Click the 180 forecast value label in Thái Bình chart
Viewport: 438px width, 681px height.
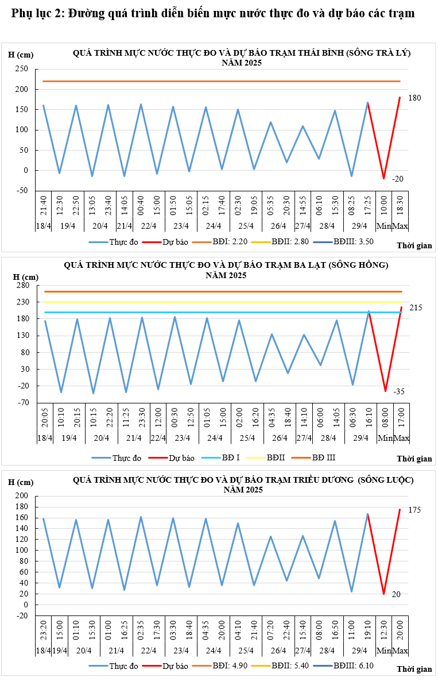pyautogui.click(x=414, y=98)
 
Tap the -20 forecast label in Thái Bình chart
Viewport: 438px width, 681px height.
pyautogui.click(x=398, y=179)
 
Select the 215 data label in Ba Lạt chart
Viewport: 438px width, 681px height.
pyautogui.click(x=416, y=308)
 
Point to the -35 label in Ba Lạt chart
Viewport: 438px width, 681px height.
pyautogui.click(x=399, y=391)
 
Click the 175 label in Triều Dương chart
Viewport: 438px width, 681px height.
pyautogui.click(x=414, y=510)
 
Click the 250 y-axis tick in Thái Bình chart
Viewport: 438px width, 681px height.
pyautogui.click(x=22, y=69)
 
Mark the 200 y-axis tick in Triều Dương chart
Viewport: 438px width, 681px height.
pyautogui.click(x=22, y=496)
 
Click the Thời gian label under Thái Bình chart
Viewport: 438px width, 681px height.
pyautogui.click(x=414, y=245)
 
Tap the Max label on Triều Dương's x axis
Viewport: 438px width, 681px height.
pyautogui.click(x=401, y=650)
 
